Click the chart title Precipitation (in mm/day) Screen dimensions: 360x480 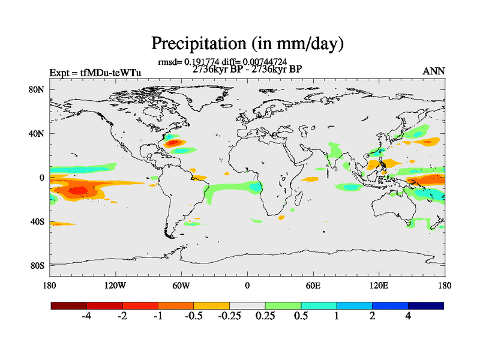[x=247, y=43]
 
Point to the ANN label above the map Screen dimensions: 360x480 [x=434, y=71]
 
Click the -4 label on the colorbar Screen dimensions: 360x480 [x=86, y=316]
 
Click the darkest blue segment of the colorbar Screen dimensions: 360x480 [x=426, y=305]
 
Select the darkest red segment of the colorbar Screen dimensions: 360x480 [x=69, y=305]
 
